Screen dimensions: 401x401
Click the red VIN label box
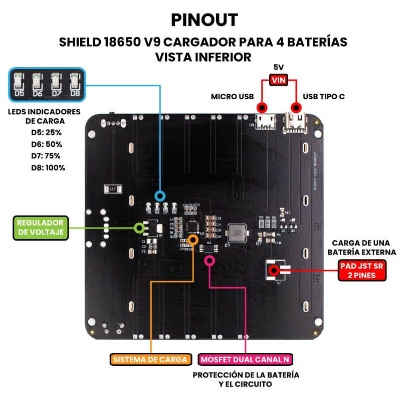[x=279, y=80]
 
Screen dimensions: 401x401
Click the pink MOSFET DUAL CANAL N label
[x=246, y=359]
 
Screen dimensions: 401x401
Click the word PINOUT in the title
[x=204, y=20]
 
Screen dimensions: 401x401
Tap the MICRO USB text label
[x=232, y=96]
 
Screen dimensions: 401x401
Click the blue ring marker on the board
[x=160, y=196]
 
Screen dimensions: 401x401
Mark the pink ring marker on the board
[x=210, y=260]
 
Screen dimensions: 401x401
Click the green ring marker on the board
[x=139, y=228]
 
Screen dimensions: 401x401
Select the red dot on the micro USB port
[x=261, y=108]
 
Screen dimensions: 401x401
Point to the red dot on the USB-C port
[x=296, y=107]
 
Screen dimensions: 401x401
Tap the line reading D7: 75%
[x=49, y=155]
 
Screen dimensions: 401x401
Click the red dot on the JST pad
[x=274, y=271]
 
